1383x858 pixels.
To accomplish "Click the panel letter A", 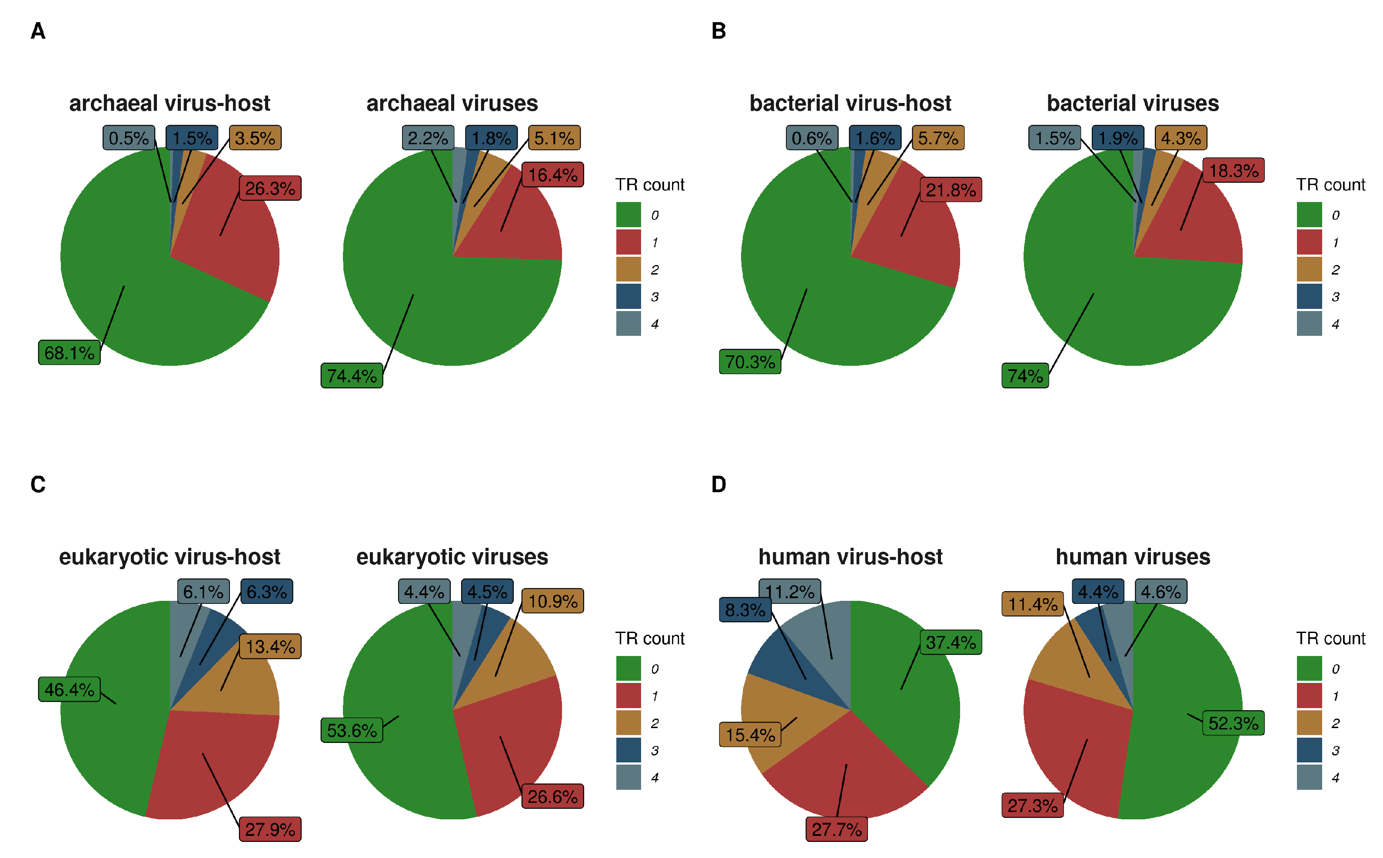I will click(38, 31).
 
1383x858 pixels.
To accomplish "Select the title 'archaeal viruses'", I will click(452, 103).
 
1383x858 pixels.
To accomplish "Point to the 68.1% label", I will click(69, 353).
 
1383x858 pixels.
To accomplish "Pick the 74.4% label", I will click(352, 376).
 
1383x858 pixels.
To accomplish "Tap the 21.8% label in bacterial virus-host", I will click(951, 190).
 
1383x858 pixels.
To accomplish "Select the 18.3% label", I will click(1233, 170).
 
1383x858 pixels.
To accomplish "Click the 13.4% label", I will click(270, 646).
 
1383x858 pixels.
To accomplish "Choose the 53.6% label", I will click(352, 730).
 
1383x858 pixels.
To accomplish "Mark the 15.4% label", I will click(750, 735).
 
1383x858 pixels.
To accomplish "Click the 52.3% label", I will click(1233, 723).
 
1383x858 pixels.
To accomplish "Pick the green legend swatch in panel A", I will click(628, 215).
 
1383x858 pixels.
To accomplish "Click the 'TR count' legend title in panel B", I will click(1330, 185).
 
